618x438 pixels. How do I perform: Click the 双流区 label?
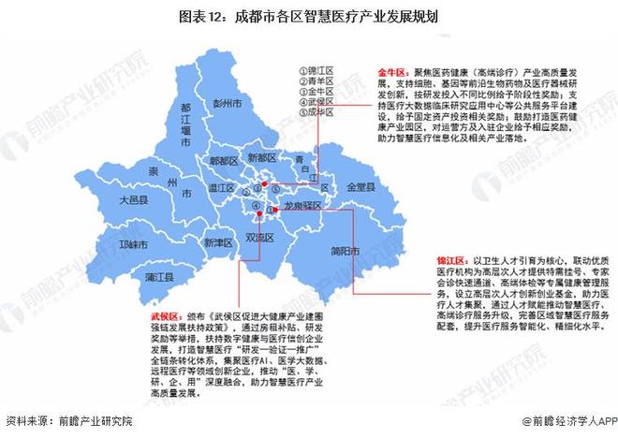259,238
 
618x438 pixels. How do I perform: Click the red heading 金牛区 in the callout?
391,70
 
